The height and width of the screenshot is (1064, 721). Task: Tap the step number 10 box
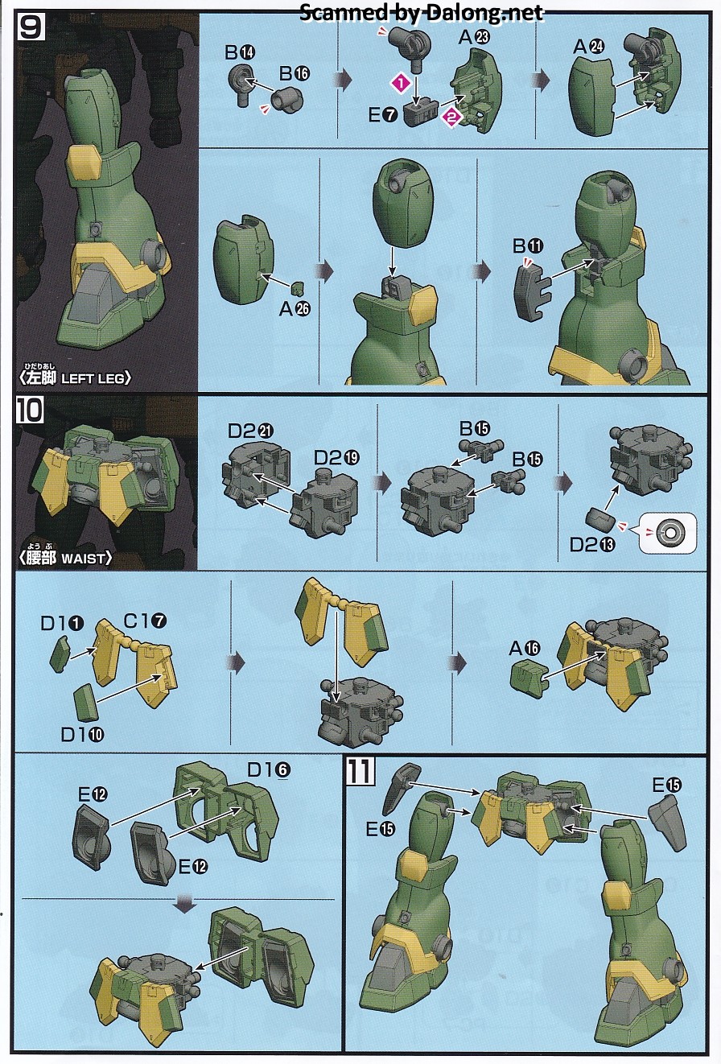pos(30,410)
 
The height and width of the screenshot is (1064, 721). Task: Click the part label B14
pos(240,52)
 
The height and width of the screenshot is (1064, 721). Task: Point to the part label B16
pos(295,73)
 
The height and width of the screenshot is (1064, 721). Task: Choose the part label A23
pos(473,37)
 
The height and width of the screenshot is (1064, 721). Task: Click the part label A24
pos(588,47)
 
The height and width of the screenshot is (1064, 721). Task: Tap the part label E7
pos(383,115)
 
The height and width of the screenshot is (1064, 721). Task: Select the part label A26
pos(295,309)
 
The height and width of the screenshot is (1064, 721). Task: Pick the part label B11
pos(528,246)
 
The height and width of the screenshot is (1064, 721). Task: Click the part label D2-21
pos(250,431)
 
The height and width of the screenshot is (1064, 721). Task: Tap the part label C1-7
pos(146,621)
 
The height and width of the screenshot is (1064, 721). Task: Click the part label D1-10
pos(82,735)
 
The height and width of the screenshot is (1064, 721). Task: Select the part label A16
pos(525,649)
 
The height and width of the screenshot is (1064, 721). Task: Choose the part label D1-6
pos(269,770)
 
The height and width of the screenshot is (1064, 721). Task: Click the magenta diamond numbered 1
pos(401,83)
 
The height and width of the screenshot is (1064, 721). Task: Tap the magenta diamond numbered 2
pos(451,118)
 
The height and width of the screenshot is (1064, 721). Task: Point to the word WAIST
pos(83,559)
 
